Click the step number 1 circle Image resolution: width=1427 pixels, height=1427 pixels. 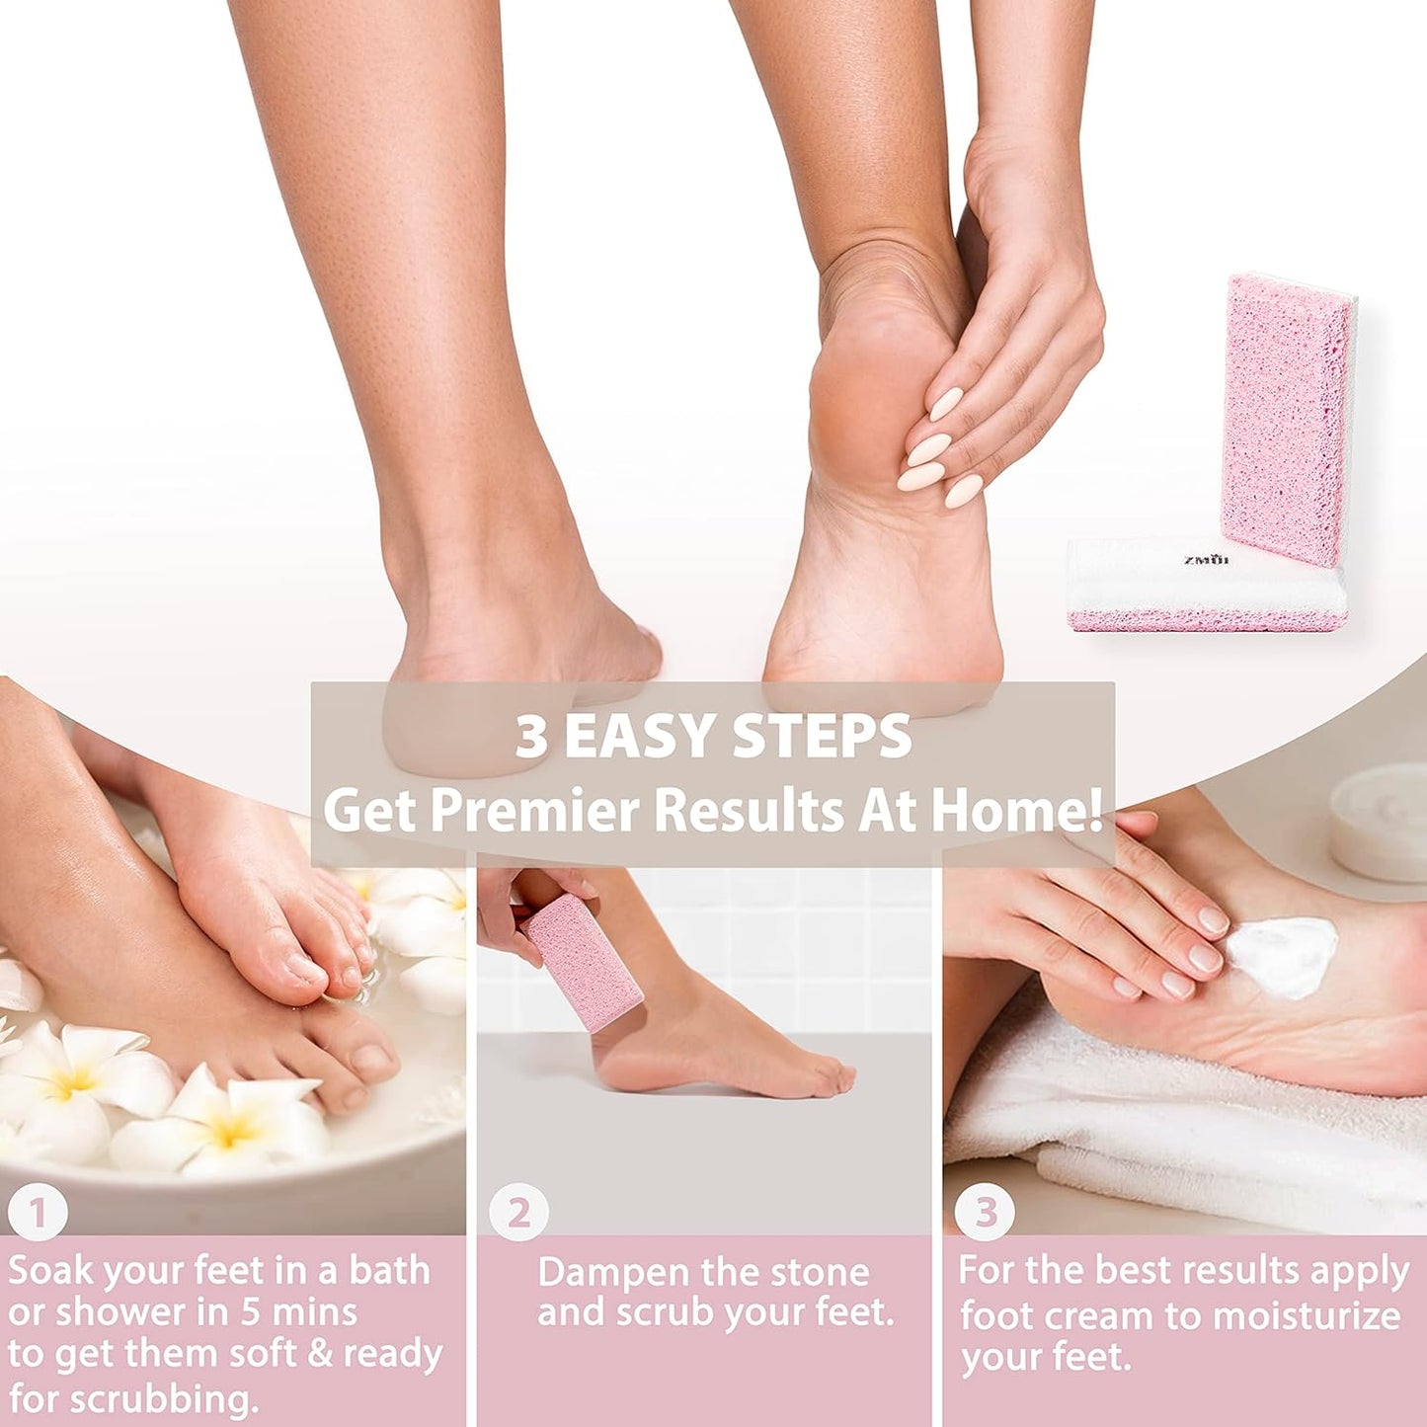(38, 1212)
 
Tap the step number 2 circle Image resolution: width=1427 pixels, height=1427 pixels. (518, 1212)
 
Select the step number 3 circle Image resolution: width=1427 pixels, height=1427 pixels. (985, 1212)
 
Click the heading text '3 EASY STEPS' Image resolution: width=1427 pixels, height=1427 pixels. (713, 737)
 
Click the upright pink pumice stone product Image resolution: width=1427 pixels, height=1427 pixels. (1286, 420)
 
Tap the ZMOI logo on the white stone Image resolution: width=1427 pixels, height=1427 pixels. (1206, 560)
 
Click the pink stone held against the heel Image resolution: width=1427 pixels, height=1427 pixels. (582, 963)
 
